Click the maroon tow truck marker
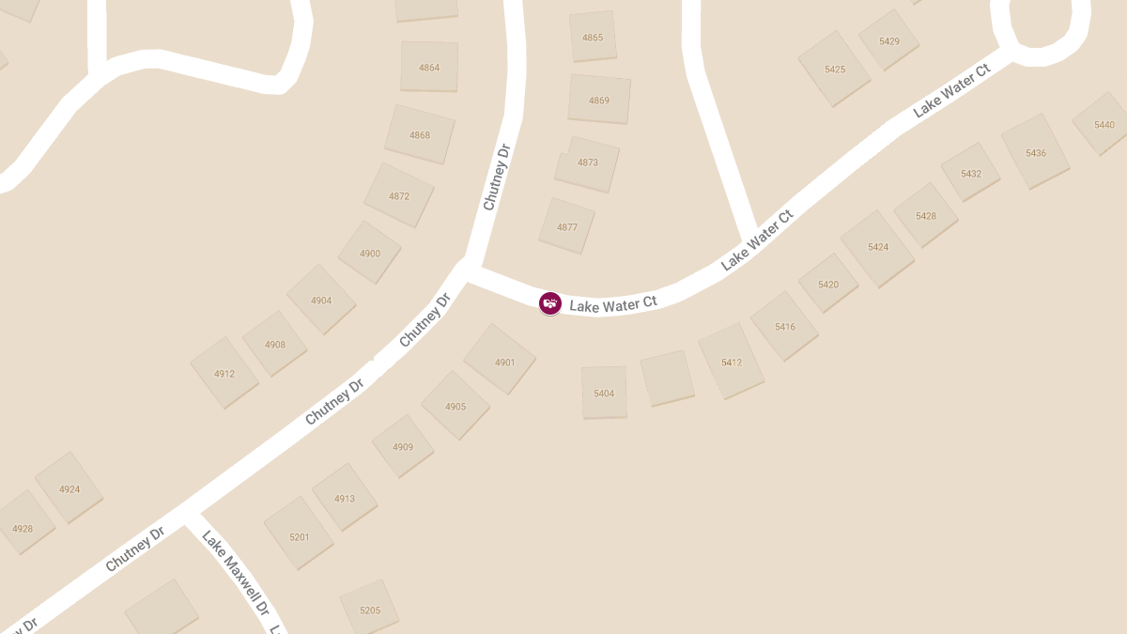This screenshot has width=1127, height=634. point(550,303)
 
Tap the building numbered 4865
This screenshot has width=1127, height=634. point(593,38)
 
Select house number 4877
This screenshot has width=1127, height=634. point(567,226)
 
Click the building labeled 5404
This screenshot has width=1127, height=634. point(604,393)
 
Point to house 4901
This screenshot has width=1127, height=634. point(503,362)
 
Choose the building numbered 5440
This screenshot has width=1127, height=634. point(1104,125)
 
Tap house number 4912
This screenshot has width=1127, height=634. point(224,373)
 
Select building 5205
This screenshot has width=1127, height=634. point(370,610)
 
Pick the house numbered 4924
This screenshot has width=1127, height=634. point(69,488)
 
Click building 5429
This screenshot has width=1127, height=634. point(888,41)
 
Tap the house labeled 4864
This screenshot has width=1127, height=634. point(429,68)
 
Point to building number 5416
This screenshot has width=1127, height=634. point(785,326)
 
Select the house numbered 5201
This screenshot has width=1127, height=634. point(299,535)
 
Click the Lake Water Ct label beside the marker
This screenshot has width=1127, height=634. point(613,304)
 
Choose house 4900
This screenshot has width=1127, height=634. point(370,253)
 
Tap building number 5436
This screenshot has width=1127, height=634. point(1035,152)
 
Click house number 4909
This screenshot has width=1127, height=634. point(403,446)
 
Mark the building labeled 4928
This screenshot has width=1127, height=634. point(23,528)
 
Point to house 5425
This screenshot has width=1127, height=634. point(834,69)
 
